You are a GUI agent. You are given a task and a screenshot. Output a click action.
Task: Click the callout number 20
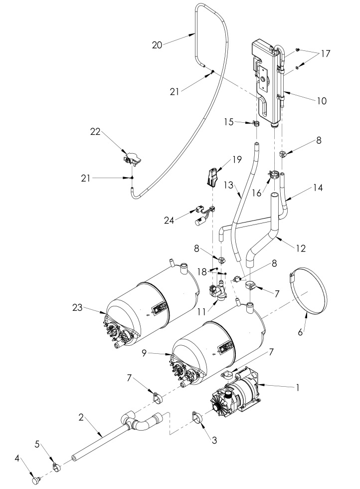tap(158, 44)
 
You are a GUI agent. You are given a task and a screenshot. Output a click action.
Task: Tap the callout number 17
tap(326, 53)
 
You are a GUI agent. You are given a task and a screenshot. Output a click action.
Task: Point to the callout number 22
tap(95, 132)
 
